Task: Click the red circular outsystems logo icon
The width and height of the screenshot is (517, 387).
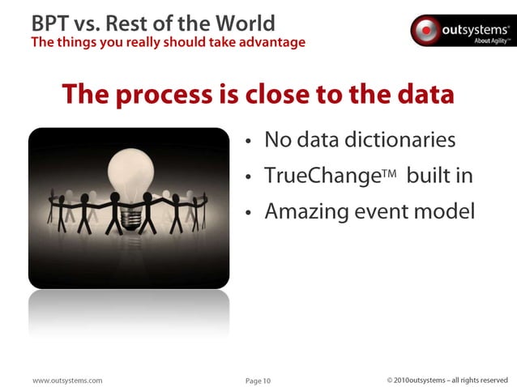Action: (425, 30)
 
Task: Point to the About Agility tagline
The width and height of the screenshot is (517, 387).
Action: (493, 40)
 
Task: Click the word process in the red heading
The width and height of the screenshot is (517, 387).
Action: (169, 95)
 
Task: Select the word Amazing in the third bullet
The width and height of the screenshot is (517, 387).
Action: (305, 212)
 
